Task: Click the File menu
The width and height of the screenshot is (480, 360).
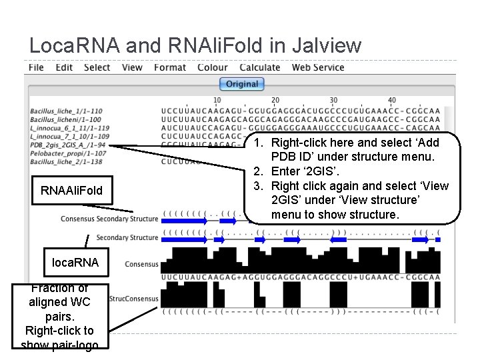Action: (x=37, y=67)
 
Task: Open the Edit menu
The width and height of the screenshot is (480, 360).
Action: (x=64, y=67)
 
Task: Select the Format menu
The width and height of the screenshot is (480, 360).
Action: (x=170, y=67)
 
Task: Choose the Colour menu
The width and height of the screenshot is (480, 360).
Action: (x=213, y=67)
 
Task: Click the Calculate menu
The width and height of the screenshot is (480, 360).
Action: (x=260, y=67)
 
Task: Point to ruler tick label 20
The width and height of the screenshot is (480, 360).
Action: (x=275, y=101)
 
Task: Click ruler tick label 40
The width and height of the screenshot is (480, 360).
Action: (x=391, y=101)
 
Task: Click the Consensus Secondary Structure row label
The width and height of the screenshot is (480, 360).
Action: (x=109, y=219)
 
